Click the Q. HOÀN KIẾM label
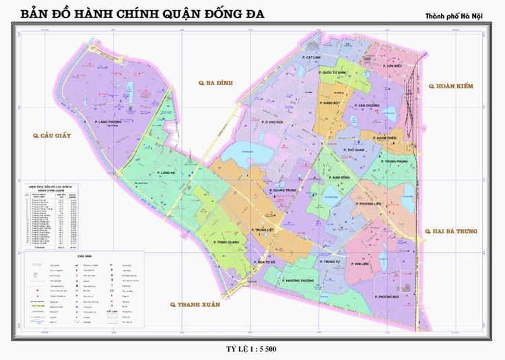450,87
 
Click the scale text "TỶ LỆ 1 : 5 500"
252,349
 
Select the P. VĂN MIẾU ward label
390,67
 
